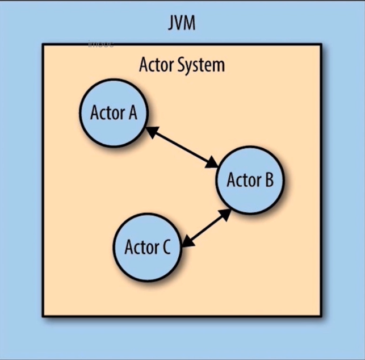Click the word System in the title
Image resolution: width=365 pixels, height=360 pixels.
[201, 65]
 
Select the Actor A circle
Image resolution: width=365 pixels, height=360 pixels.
[114, 113]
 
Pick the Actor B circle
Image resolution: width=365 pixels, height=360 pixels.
[250, 181]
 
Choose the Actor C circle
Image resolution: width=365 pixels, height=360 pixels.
[148, 248]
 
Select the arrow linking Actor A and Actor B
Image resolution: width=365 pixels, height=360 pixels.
[182, 147]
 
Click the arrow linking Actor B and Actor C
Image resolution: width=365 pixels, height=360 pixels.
[207, 228]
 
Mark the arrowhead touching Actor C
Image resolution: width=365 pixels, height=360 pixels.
[187, 242]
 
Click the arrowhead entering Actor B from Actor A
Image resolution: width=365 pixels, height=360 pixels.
[212, 164]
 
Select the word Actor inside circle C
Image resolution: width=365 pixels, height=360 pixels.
[140, 248]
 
